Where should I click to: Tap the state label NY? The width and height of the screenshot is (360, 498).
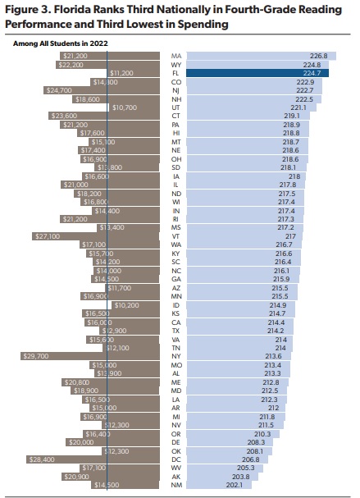point(175,356)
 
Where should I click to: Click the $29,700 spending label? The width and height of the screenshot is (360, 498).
point(34,356)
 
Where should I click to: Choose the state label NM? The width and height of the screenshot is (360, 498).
point(175,485)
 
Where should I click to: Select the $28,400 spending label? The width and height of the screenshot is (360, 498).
point(40,459)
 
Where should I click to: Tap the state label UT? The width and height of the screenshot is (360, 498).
point(175,107)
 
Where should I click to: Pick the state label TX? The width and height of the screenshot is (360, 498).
point(175,331)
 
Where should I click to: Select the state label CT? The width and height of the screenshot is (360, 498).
point(175,116)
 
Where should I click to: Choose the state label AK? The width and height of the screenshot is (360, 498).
point(175,476)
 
